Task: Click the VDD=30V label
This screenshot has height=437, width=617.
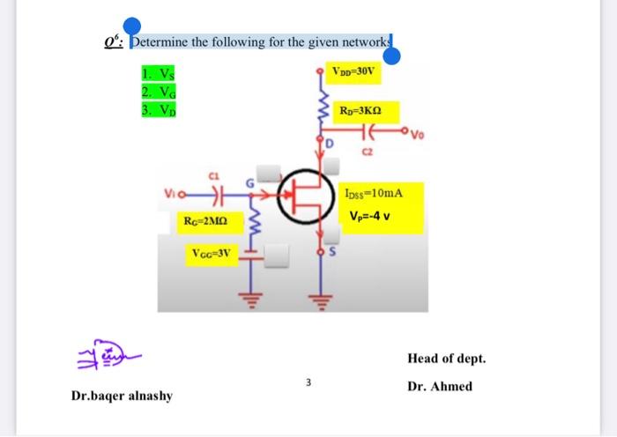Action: point(353,70)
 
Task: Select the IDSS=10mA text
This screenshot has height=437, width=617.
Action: point(375,191)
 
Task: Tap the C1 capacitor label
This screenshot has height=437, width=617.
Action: point(212,174)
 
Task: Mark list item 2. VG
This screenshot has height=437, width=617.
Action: point(154,90)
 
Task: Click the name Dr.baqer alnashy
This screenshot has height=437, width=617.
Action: point(122,396)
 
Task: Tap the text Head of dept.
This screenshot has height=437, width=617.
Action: point(446,359)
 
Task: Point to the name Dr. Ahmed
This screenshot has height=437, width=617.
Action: point(440,386)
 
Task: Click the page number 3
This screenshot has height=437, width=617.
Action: point(308,381)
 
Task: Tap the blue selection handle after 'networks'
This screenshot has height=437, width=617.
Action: point(393,56)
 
